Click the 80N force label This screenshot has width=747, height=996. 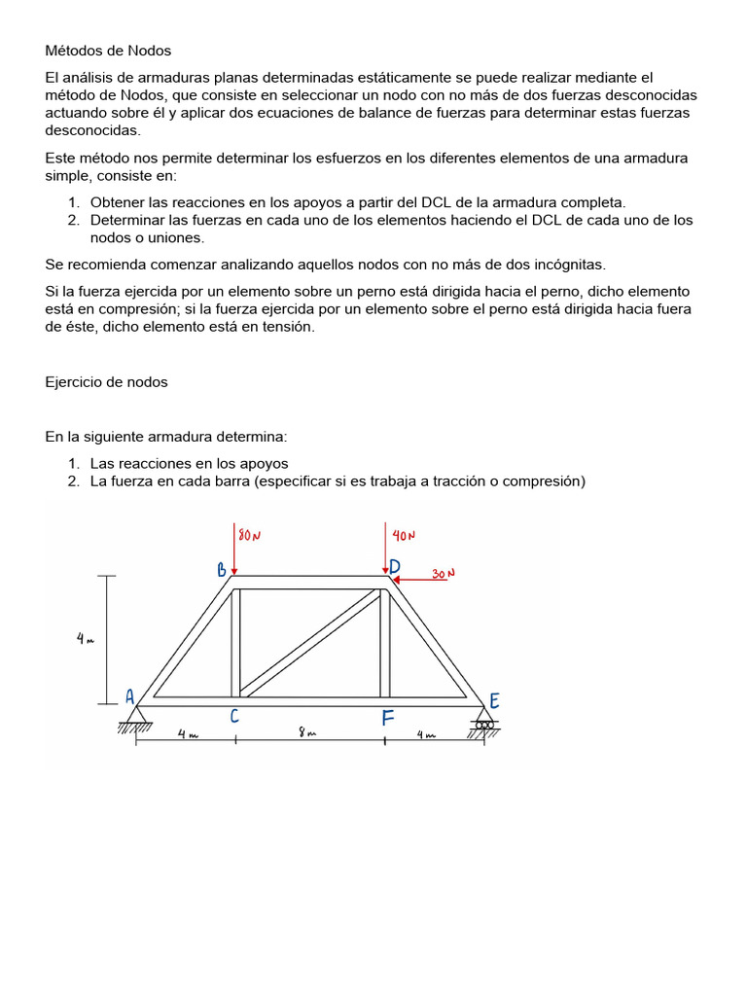point(250,536)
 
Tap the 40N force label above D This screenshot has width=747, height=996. point(404,536)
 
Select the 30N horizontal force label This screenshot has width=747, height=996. point(444,574)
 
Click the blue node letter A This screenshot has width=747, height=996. point(129,696)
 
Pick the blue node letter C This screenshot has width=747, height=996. point(234,718)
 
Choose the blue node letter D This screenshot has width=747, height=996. point(395,567)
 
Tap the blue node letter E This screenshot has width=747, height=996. point(494,701)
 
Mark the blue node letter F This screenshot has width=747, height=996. point(387,719)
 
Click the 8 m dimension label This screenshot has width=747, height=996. point(307,734)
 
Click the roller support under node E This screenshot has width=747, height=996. point(483,726)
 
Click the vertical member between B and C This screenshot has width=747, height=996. point(235,642)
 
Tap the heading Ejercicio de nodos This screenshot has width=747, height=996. point(106,382)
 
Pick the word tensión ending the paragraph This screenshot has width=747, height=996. point(288,327)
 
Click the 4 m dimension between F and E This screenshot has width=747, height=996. point(427,735)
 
